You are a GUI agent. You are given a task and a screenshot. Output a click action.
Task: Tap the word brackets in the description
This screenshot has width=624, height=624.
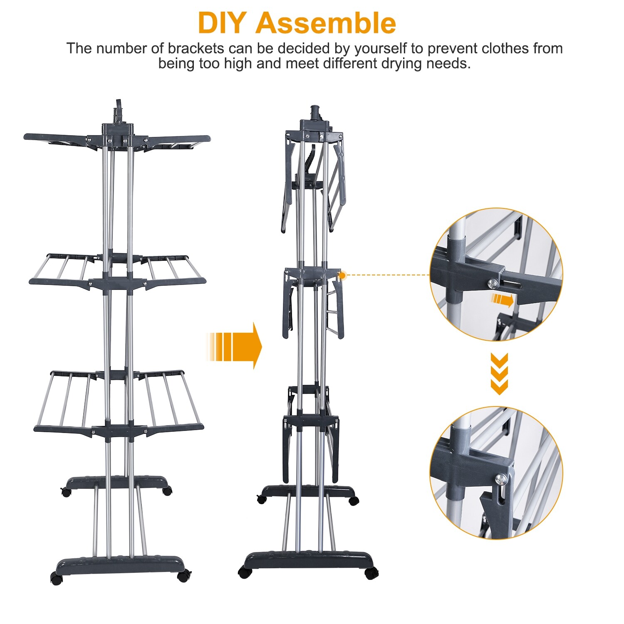point(196,49)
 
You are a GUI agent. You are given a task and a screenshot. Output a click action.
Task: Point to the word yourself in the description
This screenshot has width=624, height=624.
point(380,49)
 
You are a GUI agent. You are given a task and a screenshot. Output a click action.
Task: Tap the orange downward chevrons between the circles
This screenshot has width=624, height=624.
point(499,374)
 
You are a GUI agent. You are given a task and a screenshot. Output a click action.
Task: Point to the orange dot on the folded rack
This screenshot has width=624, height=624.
point(342,275)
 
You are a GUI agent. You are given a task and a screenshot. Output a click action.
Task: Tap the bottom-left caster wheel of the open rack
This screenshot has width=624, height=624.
point(56,578)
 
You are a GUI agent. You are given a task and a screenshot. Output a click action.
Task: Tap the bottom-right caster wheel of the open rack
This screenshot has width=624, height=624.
point(183,576)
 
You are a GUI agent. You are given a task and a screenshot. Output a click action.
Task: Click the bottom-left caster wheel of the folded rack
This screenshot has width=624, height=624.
point(245,572)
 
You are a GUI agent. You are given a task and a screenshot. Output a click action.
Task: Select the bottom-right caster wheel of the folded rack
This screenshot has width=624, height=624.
point(371,573)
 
